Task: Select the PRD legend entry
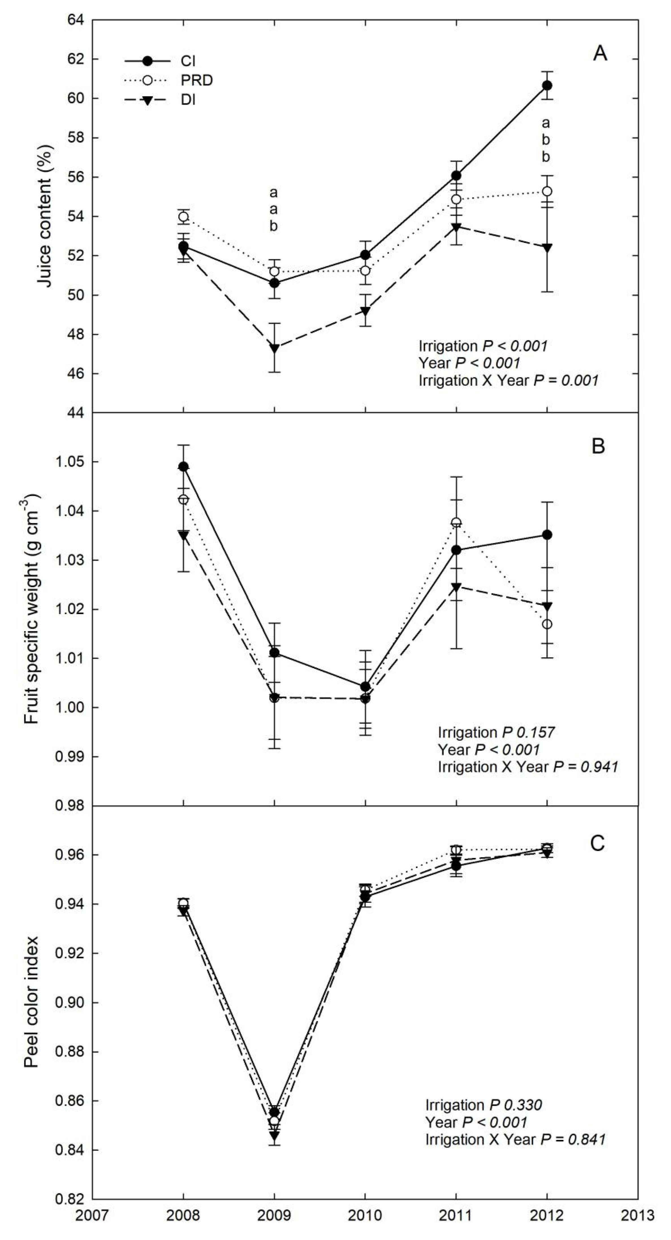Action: pos(169,80)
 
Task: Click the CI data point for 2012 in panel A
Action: pos(547,85)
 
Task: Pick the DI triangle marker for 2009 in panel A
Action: pos(274,347)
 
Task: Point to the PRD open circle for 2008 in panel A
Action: pos(184,217)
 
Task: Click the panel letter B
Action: pos(598,446)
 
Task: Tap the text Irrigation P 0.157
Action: pos(496,732)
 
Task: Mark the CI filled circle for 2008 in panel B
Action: pos(184,466)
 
